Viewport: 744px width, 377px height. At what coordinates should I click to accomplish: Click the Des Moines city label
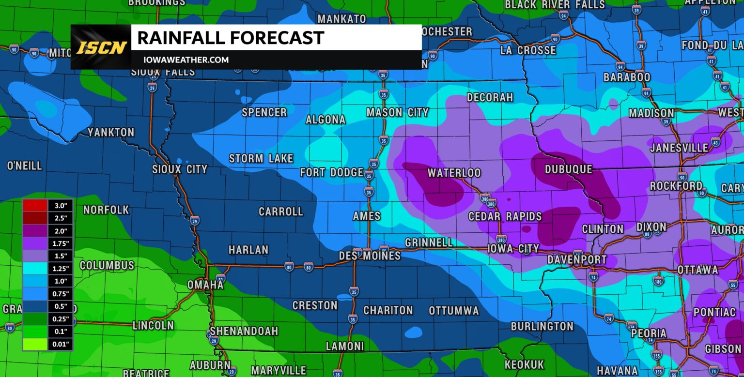[370, 256]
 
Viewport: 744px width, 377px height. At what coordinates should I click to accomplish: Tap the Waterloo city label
[454, 173]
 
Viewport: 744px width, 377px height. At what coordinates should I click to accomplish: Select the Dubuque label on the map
[569, 169]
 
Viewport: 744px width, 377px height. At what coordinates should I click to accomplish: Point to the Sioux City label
[180, 169]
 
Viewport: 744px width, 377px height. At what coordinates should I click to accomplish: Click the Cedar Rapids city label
[505, 216]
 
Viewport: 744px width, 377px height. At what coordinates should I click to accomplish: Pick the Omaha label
[205, 285]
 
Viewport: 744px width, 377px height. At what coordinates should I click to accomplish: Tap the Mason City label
[398, 113]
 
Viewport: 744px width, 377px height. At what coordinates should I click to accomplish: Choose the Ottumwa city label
[454, 311]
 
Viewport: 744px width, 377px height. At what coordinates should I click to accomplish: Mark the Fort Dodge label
[332, 172]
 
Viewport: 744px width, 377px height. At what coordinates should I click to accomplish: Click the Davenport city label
[577, 260]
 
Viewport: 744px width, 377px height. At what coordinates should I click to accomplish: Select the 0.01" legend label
[61, 345]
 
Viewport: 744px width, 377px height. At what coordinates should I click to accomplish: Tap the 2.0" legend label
[61, 231]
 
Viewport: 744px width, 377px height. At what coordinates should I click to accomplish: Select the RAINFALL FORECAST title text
[231, 38]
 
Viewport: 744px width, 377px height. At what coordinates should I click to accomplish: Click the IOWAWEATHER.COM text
[186, 60]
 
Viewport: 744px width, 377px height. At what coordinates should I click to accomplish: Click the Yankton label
[111, 133]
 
